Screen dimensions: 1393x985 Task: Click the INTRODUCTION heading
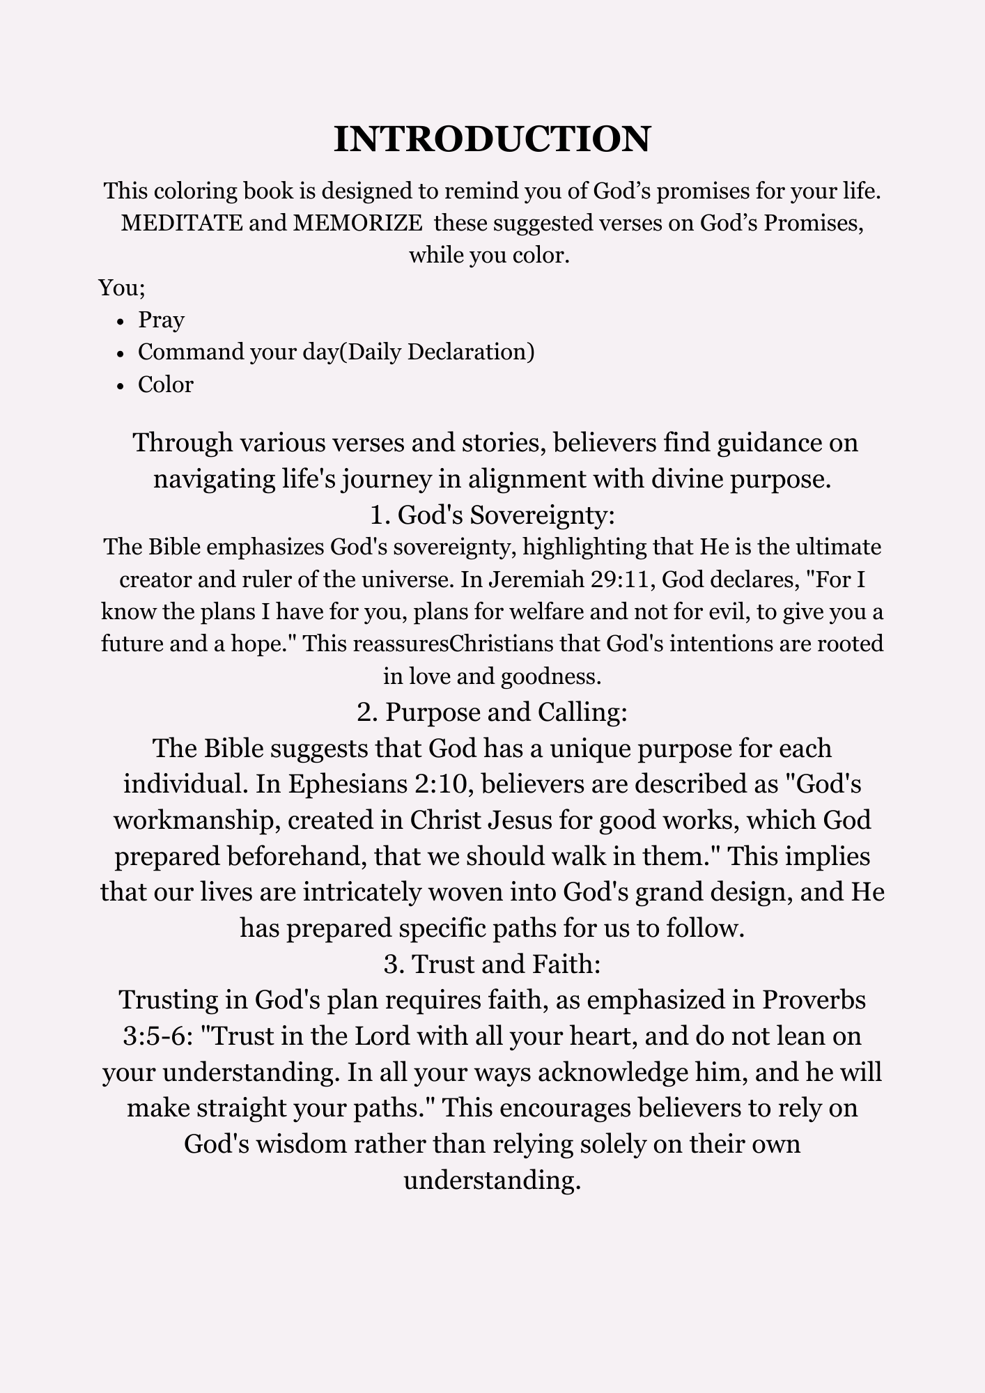[492, 139]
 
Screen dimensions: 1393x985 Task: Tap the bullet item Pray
[161, 320]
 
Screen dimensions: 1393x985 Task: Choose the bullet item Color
[165, 384]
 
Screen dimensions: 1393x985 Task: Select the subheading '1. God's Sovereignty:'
[492, 515]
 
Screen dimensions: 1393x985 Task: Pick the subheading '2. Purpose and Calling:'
[492, 712]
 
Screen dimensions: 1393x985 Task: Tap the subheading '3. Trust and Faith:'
[492, 963]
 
